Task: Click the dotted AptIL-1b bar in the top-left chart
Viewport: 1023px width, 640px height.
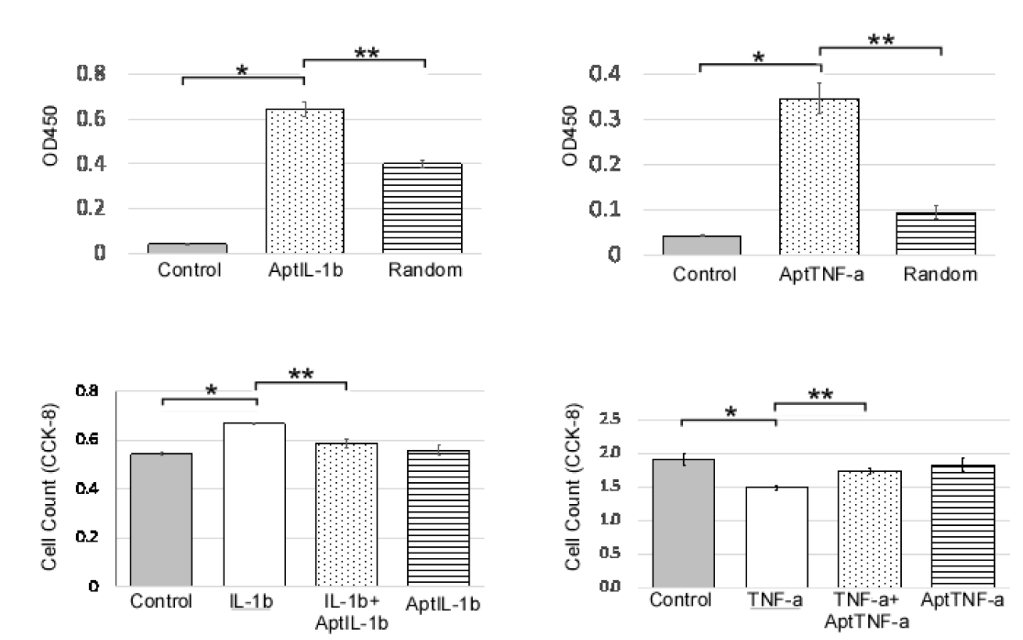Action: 304,181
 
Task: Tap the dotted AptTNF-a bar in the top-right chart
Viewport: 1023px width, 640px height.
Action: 819,177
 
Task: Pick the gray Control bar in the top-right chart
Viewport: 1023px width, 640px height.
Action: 702,245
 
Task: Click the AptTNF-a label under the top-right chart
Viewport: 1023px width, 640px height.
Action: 820,274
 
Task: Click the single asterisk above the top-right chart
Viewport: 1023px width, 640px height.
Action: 759,58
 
